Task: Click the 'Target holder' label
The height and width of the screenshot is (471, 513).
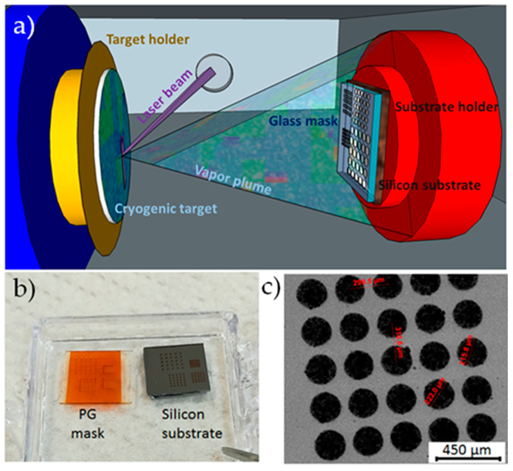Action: [148, 40]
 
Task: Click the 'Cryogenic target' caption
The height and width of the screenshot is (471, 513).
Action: [166, 209]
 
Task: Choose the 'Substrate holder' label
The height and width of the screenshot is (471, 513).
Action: [446, 107]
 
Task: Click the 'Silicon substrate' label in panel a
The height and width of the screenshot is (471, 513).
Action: [429, 185]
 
